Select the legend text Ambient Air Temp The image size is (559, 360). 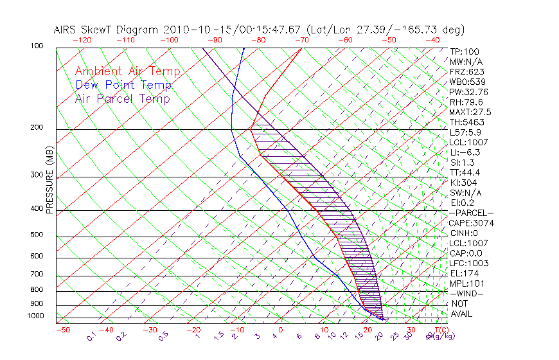coord(127,71)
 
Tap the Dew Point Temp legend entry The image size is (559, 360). coord(123,85)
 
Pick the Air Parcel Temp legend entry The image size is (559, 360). coord(123,98)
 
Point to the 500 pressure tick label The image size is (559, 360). coord(37,235)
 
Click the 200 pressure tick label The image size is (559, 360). coord(37,128)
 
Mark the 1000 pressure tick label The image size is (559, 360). coord(35,316)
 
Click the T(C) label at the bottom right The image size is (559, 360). coord(441,330)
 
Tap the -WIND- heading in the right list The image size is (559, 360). coord(467,293)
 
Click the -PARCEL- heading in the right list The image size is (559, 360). coord(472,213)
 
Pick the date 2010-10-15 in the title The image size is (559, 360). coord(189,30)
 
